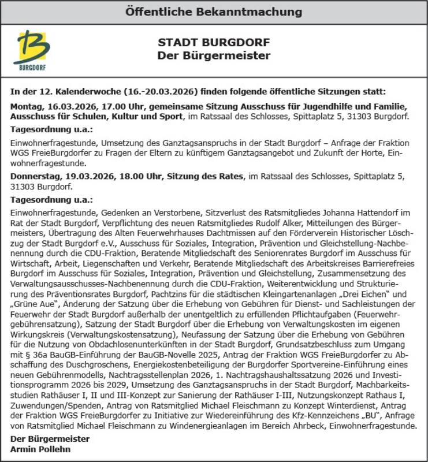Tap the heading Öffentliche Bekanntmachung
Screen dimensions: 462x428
click(214, 12)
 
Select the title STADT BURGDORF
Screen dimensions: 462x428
click(214, 43)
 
